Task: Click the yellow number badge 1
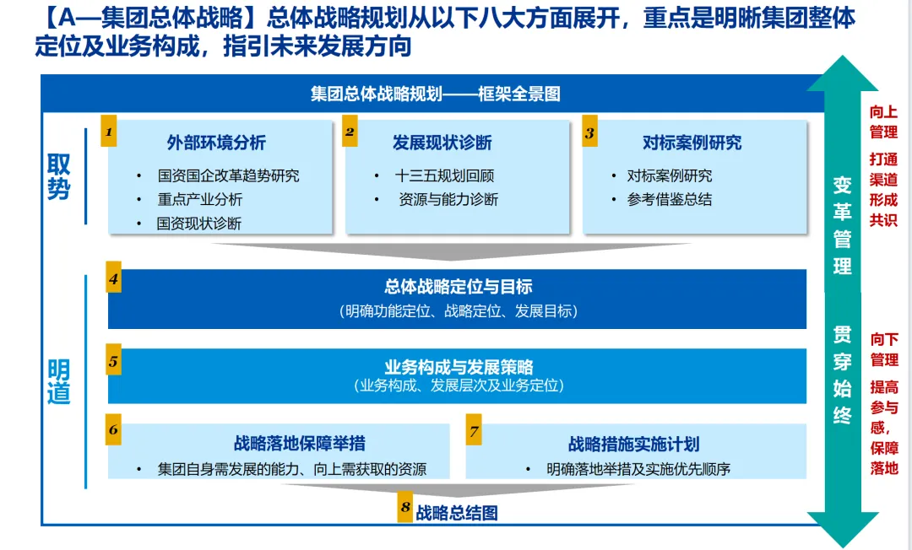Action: (109, 132)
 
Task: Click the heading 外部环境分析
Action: (216, 143)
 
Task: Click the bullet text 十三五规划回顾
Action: (444, 176)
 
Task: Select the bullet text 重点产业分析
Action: (199, 200)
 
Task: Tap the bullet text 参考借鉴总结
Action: (669, 200)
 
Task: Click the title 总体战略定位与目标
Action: (458, 287)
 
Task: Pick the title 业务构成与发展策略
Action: (458, 367)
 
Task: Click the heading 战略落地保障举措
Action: (299, 444)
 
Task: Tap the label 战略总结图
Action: (456, 512)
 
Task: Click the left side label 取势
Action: (59, 176)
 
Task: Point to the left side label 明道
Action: (59, 381)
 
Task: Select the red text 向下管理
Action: (884, 349)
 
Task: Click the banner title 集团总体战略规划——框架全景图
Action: (435, 94)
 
